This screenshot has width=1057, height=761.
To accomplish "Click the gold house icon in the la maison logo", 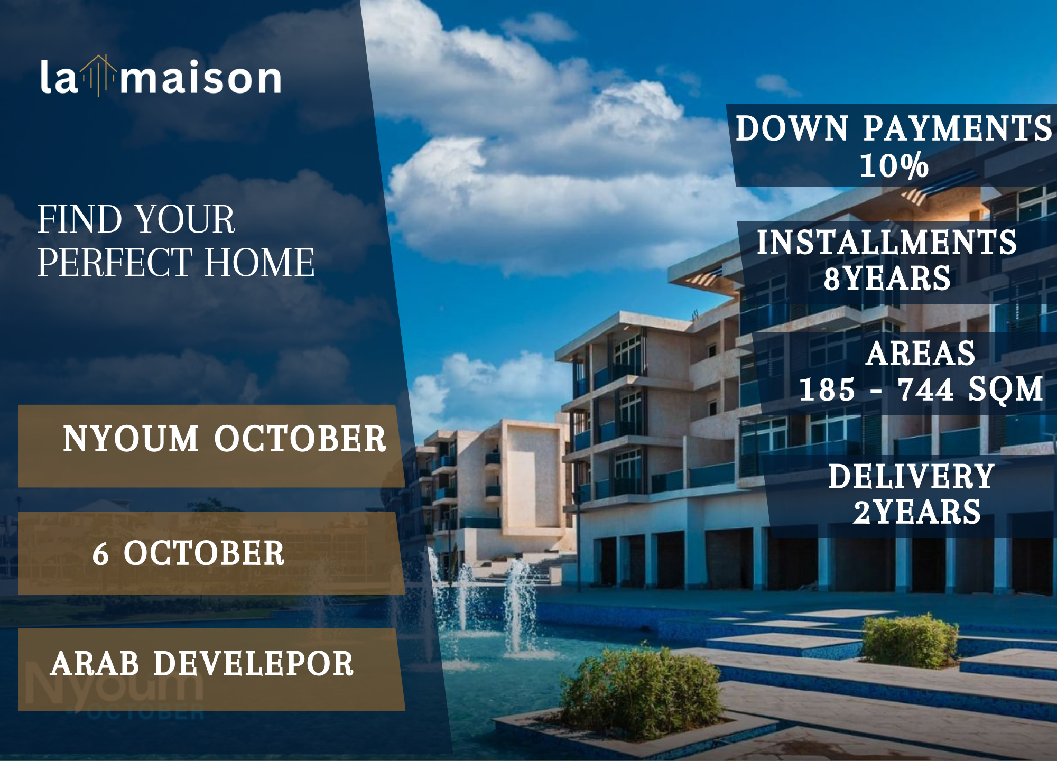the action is [x=99, y=76].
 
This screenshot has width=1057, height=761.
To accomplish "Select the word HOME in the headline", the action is [x=259, y=262].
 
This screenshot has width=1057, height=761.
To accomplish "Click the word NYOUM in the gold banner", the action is [x=131, y=439].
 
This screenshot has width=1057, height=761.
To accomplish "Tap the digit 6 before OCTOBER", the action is [x=100, y=554].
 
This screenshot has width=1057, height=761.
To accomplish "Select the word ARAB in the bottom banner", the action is [x=95, y=664].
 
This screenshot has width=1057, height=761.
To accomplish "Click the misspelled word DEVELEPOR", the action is [x=253, y=664].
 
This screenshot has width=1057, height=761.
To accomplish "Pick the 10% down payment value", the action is [x=894, y=165].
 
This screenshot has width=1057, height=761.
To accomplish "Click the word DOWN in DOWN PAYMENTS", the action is [x=792, y=128].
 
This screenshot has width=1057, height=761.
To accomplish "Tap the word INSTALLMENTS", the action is [x=887, y=242].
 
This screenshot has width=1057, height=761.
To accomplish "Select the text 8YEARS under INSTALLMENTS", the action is [x=887, y=279].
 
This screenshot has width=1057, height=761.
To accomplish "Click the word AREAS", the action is [x=921, y=353].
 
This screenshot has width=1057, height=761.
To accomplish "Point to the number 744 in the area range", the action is [x=925, y=389].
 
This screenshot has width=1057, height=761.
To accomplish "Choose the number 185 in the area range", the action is [x=827, y=389].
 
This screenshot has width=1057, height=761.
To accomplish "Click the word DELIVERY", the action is [x=911, y=476].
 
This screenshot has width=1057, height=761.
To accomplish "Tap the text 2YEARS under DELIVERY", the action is [x=917, y=512].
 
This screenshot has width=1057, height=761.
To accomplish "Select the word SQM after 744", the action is [x=1006, y=391].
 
